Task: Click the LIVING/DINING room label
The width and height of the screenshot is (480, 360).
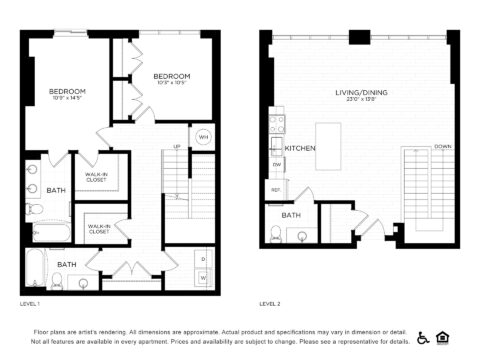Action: pos(361,93)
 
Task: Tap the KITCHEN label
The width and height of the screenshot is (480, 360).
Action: pos(300,148)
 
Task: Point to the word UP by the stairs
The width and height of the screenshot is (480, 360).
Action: pos(177,146)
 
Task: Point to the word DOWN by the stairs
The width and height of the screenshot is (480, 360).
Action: pos(442,146)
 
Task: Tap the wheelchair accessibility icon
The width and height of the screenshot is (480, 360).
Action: pos(422,338)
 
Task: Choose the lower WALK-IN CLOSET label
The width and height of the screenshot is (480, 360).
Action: pos(100,228)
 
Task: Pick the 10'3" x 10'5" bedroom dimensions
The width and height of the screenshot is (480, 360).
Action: pos(173,83)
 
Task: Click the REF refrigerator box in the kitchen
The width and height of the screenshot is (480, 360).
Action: pos(276,189)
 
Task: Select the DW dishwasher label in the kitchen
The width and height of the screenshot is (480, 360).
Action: pos(277,165)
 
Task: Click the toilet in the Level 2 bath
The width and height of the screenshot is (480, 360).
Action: pos(276,234)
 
